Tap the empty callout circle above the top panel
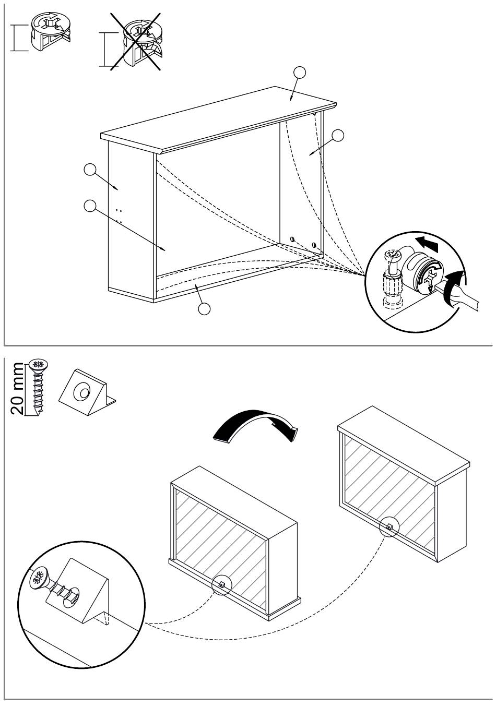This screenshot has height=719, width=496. tap(300, 73)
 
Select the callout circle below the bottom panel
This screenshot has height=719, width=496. tap(204, 309)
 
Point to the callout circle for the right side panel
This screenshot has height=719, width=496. tap(338, 136)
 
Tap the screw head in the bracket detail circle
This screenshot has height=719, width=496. tap(38, 579)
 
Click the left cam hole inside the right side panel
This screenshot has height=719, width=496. tap(293, 239)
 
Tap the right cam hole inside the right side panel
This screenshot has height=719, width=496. tap(314, 245)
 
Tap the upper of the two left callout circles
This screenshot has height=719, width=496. tap(90, 170)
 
